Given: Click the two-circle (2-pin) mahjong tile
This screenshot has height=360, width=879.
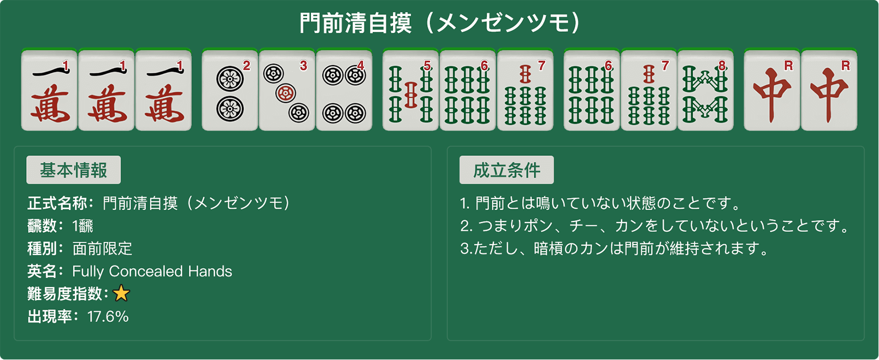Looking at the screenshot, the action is (x=230, y=90).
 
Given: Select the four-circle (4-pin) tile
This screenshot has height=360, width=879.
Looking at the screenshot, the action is (x=344, y=90).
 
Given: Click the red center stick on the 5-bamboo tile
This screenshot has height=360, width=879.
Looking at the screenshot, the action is (x=410, y=94).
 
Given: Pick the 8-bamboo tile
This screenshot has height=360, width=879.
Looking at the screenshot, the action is (x=706, y=90).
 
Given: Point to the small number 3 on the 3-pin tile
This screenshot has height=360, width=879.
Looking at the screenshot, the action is (x=303, y=66).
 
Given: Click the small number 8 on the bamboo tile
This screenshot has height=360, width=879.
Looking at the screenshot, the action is (x=722, y=66).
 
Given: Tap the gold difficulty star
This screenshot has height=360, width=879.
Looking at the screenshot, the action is (x=121, y=293).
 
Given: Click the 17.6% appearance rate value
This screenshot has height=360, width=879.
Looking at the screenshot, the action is (x=108, y=316).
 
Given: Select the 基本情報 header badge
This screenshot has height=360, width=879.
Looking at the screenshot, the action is (x=73, y=170).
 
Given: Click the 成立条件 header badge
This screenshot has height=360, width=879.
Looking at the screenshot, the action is (x=507, y=170).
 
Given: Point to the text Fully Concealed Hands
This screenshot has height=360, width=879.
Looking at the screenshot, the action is (x=152, y=271).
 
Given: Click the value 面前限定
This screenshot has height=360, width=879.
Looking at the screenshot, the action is (x=103, y=249).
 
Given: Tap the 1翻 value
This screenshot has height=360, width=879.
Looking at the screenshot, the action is (x=83, y=226).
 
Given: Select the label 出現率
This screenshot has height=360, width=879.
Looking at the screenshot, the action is (x=50, y=316).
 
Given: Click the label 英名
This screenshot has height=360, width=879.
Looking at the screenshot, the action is (x=43, y=271).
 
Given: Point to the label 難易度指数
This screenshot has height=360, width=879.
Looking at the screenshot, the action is (x=65, y=294).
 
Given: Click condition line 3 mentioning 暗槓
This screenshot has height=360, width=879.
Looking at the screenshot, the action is (x=614, y=249).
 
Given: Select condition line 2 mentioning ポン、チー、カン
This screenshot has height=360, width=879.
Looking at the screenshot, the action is (x=654, y=226).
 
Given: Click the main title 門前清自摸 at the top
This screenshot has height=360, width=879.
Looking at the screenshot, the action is (x=355, y=23).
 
